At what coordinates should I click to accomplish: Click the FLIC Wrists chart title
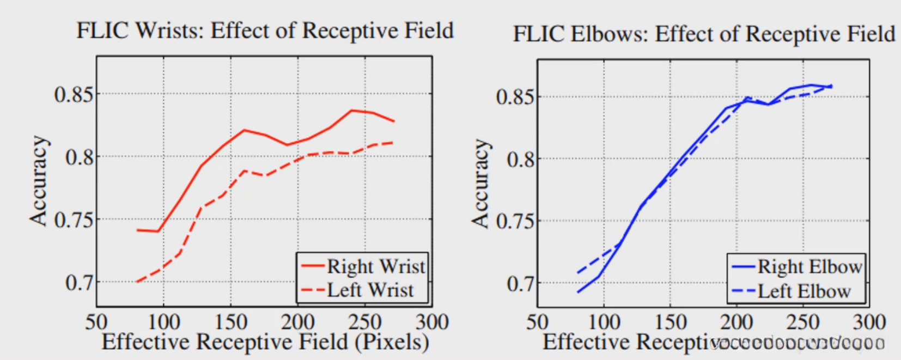265,30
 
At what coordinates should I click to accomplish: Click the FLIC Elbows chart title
704,34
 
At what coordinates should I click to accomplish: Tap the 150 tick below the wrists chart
230,322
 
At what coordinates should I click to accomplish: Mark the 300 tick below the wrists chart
432,322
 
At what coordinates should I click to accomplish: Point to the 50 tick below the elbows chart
537,322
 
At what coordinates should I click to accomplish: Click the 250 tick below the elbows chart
803,322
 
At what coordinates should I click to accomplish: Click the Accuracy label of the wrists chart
39,181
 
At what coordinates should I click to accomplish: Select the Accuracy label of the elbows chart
480,184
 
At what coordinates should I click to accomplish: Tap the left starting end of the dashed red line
137,282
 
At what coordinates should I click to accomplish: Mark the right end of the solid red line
394,121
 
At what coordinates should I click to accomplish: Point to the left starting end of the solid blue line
577,292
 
